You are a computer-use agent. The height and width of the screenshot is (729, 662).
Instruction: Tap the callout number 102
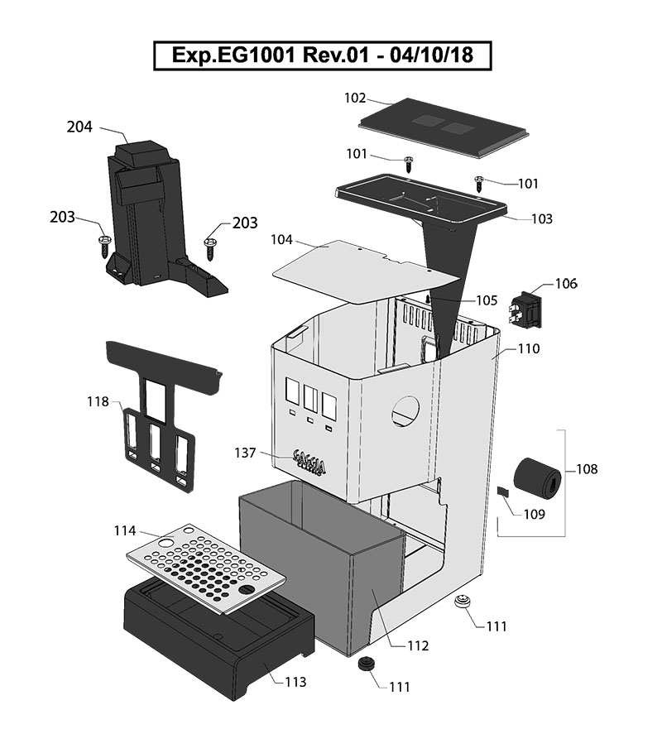[x=355, y=98]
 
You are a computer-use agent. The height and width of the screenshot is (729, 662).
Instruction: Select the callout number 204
[x=79, y=127]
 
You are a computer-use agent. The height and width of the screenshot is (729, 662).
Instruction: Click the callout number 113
[x=295, y=683]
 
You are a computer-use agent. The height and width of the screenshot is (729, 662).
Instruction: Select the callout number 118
[x=98, y=402]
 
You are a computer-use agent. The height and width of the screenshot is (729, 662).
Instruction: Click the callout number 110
[x=529, y=349]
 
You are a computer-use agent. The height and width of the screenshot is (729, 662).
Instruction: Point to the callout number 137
[x=246, y=453]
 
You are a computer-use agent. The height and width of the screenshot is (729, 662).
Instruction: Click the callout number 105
[x=487, y=300]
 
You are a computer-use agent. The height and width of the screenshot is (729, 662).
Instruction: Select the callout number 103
[x=542, y=219]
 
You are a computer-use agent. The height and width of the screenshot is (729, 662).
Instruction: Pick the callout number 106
[x=566, y=284]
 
